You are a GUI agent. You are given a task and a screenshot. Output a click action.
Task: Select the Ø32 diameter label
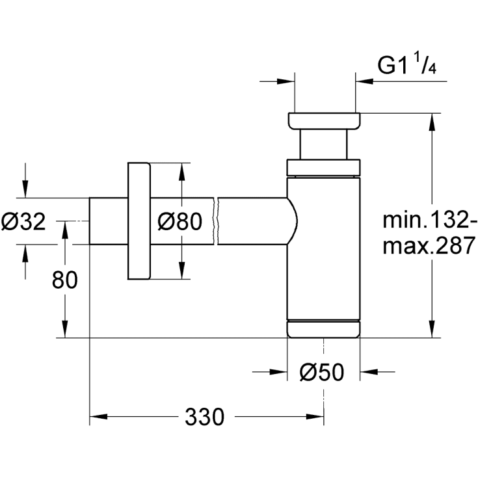point(23,222)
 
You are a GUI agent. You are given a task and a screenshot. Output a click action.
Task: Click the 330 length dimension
point(204,416)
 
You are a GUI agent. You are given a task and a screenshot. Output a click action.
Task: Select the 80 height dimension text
point(64,280)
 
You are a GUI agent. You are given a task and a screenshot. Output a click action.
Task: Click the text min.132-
point(425,221)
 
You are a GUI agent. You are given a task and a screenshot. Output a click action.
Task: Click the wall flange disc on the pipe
point(139,222)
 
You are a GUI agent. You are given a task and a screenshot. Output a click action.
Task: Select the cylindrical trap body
point(323,247)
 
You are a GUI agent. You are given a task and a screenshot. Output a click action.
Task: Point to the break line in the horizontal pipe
point(218,221)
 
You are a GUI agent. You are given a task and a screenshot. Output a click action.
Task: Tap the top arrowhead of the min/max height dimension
point(431,120)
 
